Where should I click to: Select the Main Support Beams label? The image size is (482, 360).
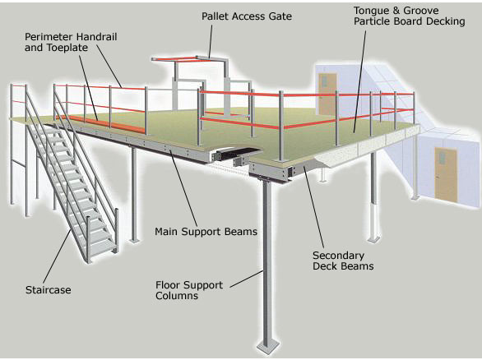(x=206, y=232)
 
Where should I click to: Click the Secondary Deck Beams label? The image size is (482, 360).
(x=344, y=261)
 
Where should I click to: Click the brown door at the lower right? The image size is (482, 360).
(x=445, y=173)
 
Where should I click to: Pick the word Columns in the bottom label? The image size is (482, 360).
(x=177, y=296)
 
